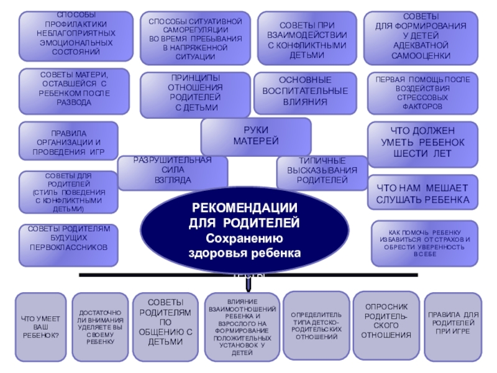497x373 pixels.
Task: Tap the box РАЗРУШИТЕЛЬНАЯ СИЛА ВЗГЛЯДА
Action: click(173, 172)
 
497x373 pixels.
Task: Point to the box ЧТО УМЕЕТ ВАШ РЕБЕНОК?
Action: click(40, 327)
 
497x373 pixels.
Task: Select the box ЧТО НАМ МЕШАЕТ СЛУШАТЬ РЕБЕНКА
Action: click(422, 193)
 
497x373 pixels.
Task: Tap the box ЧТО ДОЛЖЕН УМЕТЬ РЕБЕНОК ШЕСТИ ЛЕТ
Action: click(422, 143)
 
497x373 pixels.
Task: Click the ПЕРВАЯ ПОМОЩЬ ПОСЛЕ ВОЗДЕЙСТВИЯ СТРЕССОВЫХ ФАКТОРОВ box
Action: click(422, 93)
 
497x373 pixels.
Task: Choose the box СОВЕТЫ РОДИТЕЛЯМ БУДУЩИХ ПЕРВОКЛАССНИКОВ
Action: click(68, 239)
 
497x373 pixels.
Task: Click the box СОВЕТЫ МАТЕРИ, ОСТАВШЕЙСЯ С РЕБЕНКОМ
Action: click(74, 88)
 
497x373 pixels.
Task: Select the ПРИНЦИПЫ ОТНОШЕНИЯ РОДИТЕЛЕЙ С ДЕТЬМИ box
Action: click(195, 94)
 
